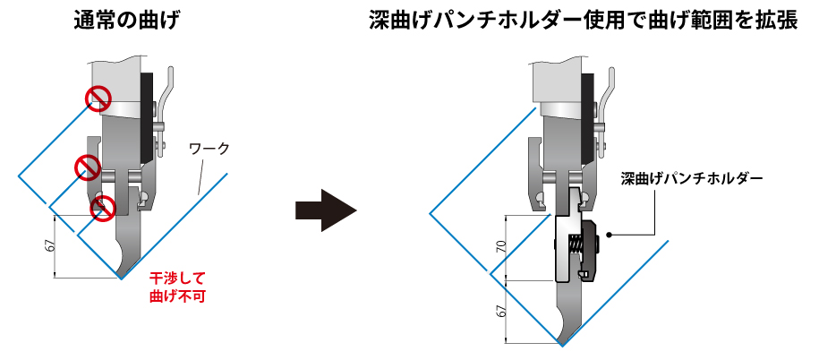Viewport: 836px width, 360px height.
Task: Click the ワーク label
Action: coord(211,149)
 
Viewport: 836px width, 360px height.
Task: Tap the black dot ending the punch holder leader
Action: coord(610,235)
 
